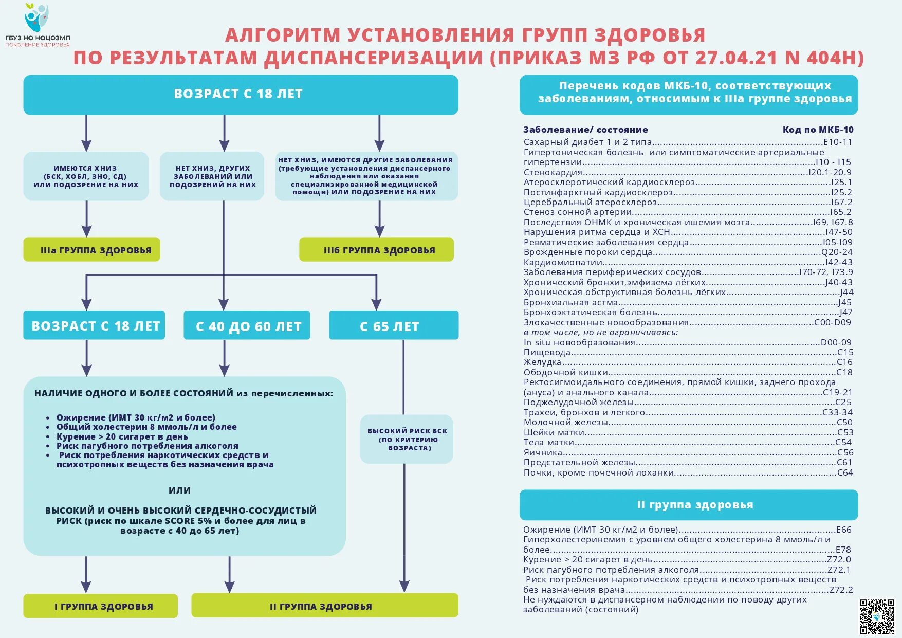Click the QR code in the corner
877,616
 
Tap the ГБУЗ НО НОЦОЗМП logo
37,25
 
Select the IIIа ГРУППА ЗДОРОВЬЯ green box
91,250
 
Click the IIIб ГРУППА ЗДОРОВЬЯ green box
376,250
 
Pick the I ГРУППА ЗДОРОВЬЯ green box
101,606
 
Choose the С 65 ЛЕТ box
394,325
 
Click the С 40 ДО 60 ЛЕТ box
247,325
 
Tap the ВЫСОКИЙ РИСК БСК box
407,440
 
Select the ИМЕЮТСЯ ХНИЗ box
86,176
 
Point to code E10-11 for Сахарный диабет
837,142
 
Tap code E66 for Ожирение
843,530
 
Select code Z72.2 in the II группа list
841,590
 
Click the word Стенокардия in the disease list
553,172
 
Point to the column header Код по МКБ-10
818,130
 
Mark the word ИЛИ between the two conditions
179,490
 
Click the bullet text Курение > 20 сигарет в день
122,436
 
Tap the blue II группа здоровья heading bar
689,505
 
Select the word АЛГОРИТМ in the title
283,35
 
